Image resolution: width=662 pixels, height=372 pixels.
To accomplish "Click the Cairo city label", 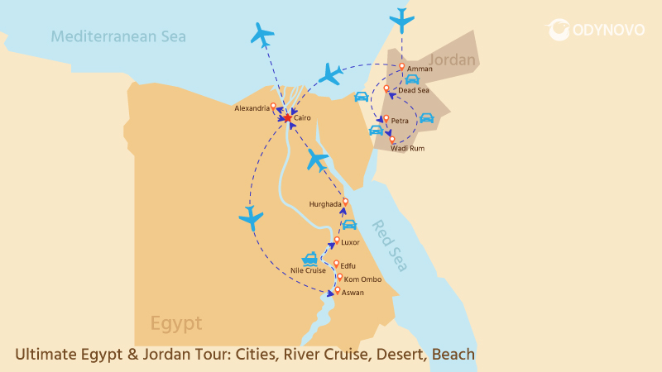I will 302,118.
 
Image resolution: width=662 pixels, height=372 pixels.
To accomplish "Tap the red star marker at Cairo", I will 287,118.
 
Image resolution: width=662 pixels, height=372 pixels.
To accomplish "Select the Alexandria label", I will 252,108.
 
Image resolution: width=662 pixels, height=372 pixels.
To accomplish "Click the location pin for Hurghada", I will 345,201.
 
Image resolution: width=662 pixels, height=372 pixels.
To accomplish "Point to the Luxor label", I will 350,242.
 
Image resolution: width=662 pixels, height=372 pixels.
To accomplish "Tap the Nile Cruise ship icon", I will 310,257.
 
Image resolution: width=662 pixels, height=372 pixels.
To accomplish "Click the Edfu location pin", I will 336,264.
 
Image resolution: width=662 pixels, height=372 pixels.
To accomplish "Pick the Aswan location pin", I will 338,290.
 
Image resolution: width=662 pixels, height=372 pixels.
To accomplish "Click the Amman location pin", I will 401,67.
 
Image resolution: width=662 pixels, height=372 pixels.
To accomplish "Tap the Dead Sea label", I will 414,90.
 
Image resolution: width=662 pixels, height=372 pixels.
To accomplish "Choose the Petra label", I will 400,121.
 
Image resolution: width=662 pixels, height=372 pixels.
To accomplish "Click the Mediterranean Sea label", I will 118,36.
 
